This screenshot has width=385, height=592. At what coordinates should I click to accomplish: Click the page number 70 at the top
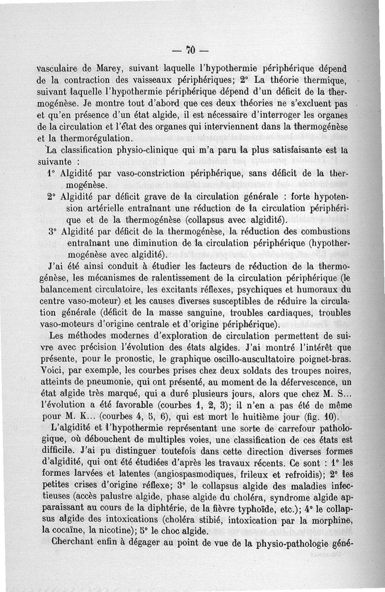190,50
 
